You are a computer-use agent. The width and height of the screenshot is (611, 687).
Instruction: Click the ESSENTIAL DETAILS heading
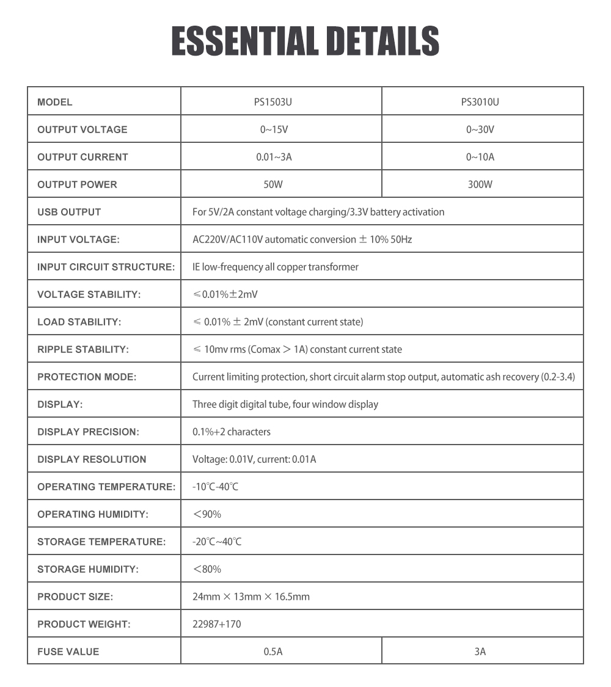305,42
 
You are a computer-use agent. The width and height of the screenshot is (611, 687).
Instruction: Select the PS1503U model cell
273,102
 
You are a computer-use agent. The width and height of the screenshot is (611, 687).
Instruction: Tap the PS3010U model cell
480,102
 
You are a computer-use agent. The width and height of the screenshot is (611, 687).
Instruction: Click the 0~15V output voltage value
273,129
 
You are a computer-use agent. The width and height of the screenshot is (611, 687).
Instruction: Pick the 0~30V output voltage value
480,129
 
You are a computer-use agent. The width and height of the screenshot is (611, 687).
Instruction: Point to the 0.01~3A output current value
273,157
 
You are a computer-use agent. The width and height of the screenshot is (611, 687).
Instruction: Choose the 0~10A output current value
480,157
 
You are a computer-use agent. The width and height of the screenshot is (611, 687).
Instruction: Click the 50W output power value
273,184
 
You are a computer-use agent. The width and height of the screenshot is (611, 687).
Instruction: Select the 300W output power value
480,184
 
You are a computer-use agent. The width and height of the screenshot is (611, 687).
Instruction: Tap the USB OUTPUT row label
69,212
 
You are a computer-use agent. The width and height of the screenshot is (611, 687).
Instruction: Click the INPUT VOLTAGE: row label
78,239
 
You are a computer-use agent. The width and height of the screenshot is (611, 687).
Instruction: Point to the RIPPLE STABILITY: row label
83,349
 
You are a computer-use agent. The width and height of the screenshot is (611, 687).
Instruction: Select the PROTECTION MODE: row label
87,377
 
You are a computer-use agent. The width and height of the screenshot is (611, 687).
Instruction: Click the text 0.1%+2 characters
232,432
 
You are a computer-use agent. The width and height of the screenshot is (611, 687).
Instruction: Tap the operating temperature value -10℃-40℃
215,487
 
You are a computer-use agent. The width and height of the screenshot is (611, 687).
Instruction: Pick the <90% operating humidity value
207,514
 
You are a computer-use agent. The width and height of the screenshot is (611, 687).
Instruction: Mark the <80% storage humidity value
207,569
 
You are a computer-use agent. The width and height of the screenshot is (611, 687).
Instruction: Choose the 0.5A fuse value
273,652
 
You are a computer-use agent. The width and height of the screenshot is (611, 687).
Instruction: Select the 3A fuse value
480,652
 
